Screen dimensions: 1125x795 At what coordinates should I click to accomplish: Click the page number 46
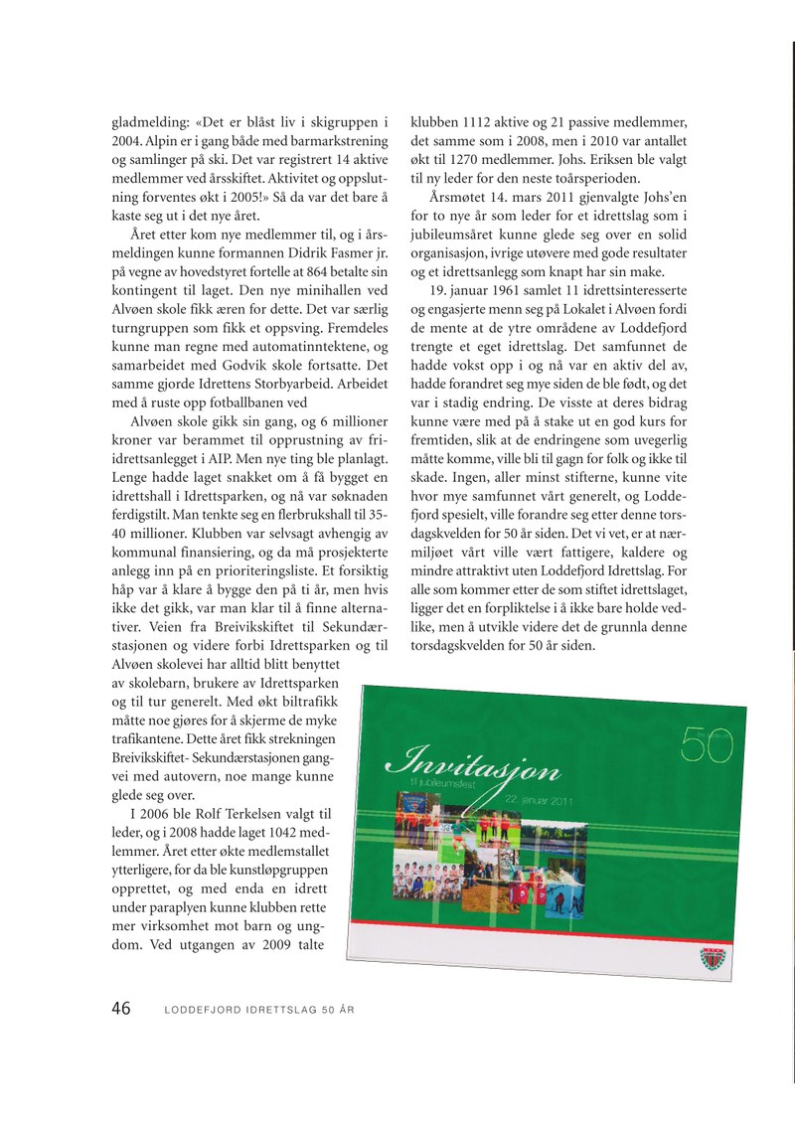pyautogui.click(x=120, y=1009)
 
